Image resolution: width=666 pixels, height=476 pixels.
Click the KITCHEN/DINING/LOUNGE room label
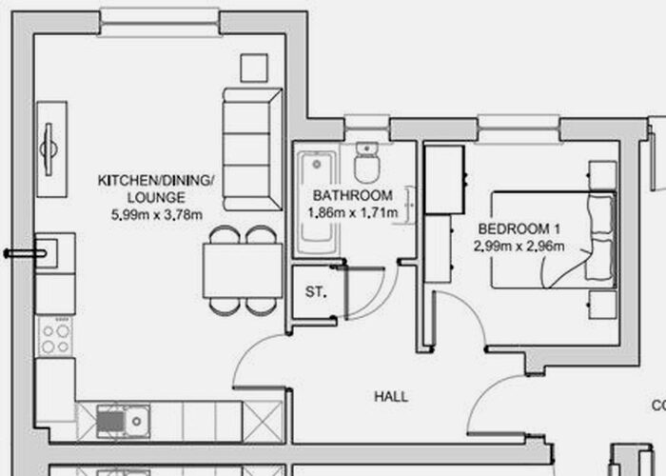point(157,188)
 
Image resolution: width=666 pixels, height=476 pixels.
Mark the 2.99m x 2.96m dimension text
point(519,247)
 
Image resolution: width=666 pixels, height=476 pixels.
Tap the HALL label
point(391,396)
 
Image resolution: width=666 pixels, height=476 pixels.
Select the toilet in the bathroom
point(365,164)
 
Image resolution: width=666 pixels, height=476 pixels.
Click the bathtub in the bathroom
point(314,201)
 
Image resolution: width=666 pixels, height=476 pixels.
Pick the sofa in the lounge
point(252,149)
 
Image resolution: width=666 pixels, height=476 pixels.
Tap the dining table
point(243,270)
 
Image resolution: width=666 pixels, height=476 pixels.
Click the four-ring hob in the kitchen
point(54,334)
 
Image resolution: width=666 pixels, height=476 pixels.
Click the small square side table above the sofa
point(254,68)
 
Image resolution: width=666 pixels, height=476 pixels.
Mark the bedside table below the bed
point(601,306)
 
